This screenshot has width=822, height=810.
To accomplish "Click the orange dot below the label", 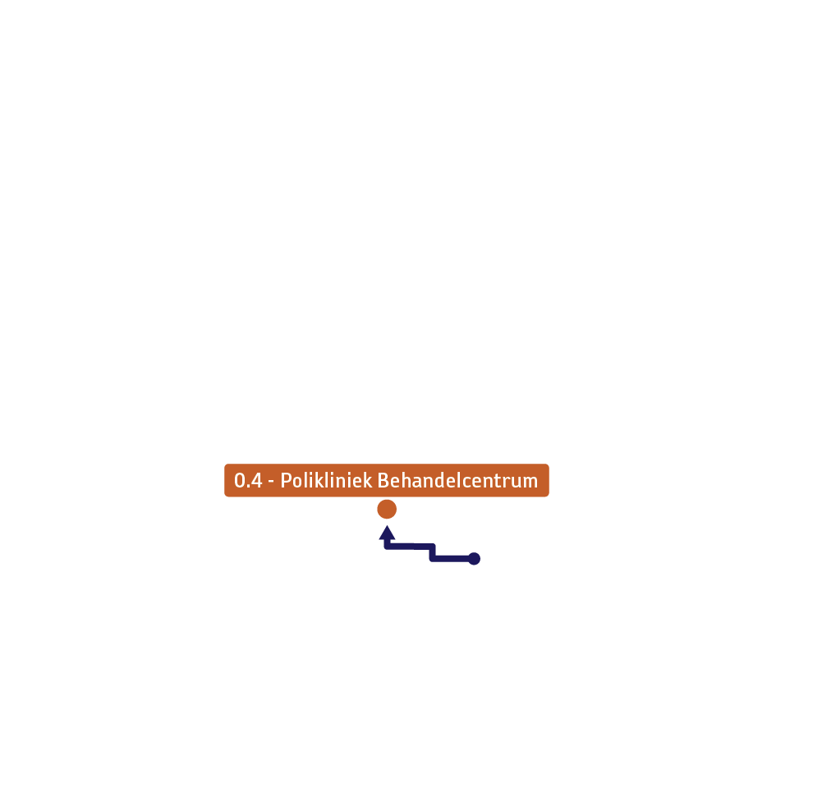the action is [x=387, y=509].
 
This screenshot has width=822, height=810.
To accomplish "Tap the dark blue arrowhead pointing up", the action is [x=387, y=533].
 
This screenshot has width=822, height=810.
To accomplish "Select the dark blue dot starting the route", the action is [x=474, y=559].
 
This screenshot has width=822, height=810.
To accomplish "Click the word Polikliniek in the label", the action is [x=326, y=480].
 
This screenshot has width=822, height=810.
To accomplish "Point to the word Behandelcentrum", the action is [x=457, y=480].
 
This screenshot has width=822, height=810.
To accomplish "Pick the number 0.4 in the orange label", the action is [x=248, y=480].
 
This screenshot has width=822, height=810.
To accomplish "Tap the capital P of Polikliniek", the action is [x=287, y=480].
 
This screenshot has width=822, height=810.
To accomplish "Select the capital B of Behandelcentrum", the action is [x=383, y=480].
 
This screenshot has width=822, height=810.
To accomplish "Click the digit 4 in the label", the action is [x=256, y=480].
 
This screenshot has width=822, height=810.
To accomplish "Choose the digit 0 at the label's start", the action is [x=240, y=480].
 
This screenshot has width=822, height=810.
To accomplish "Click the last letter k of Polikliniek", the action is [x=367, y=480].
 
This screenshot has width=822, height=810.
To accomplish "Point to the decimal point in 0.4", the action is [x=248, y=487].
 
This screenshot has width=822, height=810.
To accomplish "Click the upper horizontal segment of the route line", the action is [x=410, y=547].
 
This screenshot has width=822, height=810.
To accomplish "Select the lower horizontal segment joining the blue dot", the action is [x=452, y=559].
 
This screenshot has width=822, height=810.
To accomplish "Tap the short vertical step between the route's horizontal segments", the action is [x=433, y=553].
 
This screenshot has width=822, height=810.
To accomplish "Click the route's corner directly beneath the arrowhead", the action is [x=387, y=547].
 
